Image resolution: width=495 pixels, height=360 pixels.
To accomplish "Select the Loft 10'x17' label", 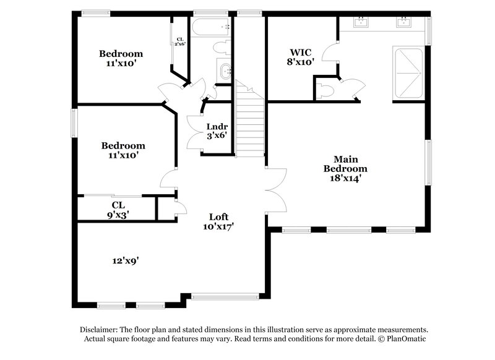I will (x=218, y=221).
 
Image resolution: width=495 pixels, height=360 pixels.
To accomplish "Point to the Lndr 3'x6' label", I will (x=217, y=131).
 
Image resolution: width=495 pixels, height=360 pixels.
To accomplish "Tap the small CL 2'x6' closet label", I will (x=179, y=41).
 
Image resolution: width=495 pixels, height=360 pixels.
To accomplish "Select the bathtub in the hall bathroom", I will (x=211, y=27).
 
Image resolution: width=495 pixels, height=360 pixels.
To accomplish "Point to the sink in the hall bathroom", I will (x=224, y=69).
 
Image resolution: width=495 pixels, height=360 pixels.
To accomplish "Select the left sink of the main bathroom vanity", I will (x=361, y=23).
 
